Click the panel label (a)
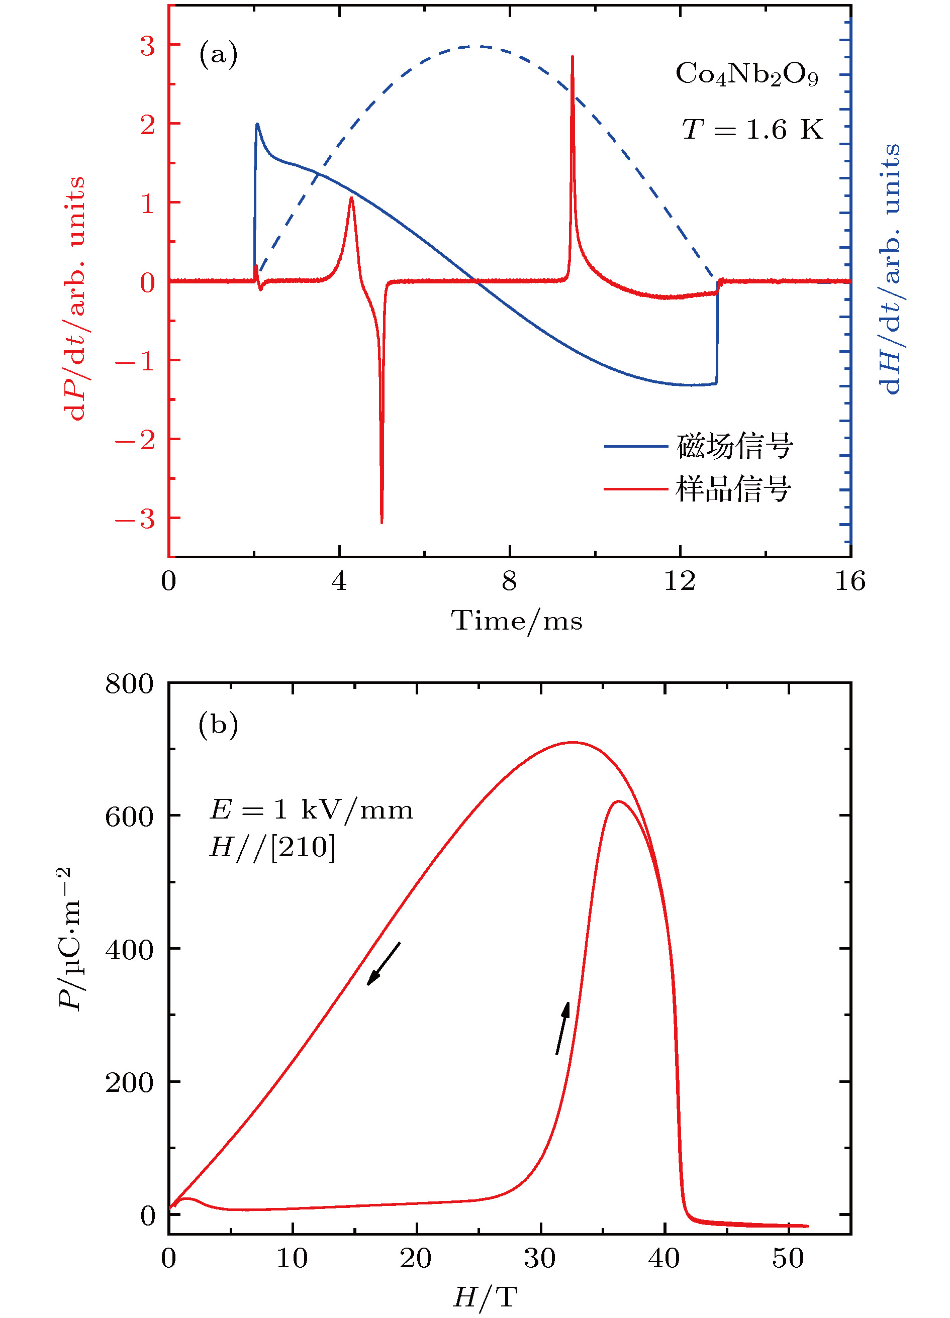[218, 55]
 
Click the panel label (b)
[218, 725]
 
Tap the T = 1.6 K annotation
[752, 130]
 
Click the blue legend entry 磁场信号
[734, 446]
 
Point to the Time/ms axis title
[516, 621]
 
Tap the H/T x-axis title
[485, 1296]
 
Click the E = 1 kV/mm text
[311, 810]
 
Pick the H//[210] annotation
[272, 847]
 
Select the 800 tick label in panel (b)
[129, 684]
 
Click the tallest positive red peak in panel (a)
[573, 58]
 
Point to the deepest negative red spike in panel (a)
[382, 520]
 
